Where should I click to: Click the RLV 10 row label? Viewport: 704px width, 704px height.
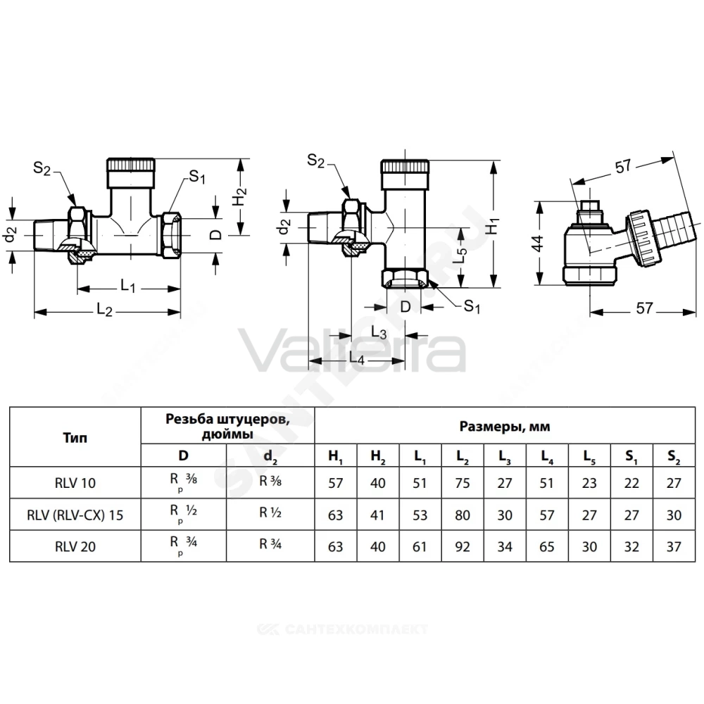(x=75, y=483)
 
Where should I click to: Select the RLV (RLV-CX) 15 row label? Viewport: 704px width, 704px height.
(x=75, y=515)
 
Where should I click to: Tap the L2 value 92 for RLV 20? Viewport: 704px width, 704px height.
(x=463, y=547)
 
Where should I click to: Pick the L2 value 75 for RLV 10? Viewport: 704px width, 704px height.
(x=463, y=483)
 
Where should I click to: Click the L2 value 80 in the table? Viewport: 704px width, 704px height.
(x=463, y=515)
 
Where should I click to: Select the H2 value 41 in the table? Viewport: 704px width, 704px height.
(x=377, y=515)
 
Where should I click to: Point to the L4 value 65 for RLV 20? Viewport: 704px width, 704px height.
(x=547, y=547)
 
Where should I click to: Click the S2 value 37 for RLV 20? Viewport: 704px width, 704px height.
(x=674, y=547)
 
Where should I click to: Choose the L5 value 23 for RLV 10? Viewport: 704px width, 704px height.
(x=589, y=483)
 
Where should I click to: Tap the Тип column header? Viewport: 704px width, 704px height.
(x=75, y=437)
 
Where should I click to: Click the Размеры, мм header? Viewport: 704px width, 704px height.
(x=505, y=426)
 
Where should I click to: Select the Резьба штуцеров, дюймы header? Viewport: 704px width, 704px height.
(x=227, y=426)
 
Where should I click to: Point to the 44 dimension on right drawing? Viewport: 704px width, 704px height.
(x=538, y=243)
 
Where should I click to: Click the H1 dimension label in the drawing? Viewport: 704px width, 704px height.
(x=493, y=225)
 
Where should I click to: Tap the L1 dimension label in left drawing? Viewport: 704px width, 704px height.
(x=128, y=285)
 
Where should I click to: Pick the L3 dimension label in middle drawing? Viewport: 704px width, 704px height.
(x=379, y=333)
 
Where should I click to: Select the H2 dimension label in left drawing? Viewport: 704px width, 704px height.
(x=241, y=196)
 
